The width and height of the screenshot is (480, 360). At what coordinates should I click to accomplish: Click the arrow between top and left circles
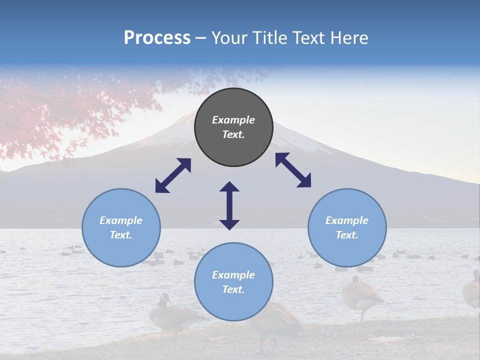173,175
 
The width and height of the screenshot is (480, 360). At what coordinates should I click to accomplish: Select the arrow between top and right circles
293,170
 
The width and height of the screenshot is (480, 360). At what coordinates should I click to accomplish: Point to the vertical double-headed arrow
229,206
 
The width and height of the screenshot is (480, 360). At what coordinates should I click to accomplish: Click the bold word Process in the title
157,38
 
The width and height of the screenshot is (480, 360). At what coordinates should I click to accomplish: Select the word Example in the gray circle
233,120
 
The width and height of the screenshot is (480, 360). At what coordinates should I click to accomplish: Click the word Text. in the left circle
121,235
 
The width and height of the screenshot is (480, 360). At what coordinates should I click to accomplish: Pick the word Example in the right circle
347,220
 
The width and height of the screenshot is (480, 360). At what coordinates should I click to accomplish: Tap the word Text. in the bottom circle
233,289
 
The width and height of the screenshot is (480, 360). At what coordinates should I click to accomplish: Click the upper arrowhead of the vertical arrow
229,186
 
